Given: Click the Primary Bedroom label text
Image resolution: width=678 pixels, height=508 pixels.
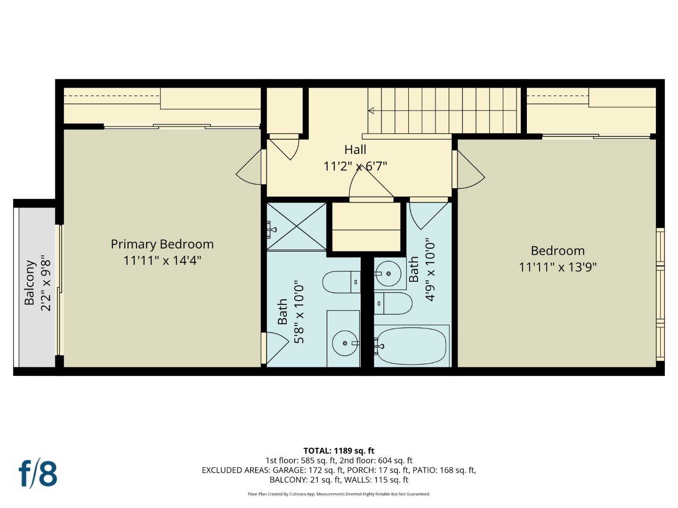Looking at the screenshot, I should pos(162,244).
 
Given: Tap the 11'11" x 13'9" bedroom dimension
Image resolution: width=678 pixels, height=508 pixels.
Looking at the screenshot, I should pos(557,267).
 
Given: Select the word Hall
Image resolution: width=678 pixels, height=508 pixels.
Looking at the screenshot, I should pos(355,150).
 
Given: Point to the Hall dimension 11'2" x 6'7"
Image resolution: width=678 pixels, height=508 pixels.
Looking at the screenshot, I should pos(355,166).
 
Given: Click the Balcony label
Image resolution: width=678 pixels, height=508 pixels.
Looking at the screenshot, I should pos(30,282).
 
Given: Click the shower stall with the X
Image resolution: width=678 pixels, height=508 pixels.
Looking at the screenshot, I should pos(297,226).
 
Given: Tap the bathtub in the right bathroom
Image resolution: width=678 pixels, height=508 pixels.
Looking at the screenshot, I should pos(411,346).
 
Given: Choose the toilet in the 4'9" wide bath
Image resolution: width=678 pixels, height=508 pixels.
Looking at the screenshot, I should pos(394,303).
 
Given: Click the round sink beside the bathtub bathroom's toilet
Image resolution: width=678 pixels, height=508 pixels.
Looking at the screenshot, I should pos(389,273).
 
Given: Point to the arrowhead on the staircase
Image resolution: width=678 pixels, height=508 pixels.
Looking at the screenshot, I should pos(371,111).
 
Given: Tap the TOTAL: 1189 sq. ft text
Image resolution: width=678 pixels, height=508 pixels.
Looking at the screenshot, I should pos(339,451).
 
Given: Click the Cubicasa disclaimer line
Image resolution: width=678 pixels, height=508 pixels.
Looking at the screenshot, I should pos(339,494).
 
